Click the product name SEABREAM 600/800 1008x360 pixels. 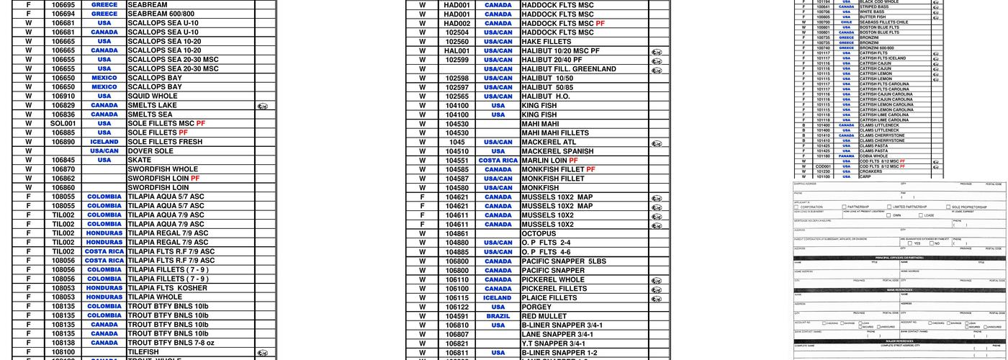pyautogui.click(x=161, y=14)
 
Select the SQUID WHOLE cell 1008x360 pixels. pyautogui.click(x=152, y=96)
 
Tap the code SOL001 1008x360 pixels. pyautogui.click(x=63, y=124)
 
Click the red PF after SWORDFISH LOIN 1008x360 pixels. pyautogui.click(x=195, y=179)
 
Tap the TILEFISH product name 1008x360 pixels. pyautogui.click(x=143, y=352)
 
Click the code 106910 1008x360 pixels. pyautogui.click(x=63, y=96)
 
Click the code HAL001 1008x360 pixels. pyautogui.click(x=456, y=51)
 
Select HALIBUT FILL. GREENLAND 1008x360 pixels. pyautogui.click(x=568, y=69)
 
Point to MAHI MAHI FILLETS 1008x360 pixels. pyautogui.click(x=554, y=133)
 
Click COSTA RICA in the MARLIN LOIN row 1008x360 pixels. pyautogui.click(x=498, y=161)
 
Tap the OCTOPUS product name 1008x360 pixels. pyautogui.click(x=539, y=234)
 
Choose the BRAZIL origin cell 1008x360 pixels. pyautogui.click(x=498, y=316)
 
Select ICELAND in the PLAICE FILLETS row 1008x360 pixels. pyautogui.click(x=498, y=298)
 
